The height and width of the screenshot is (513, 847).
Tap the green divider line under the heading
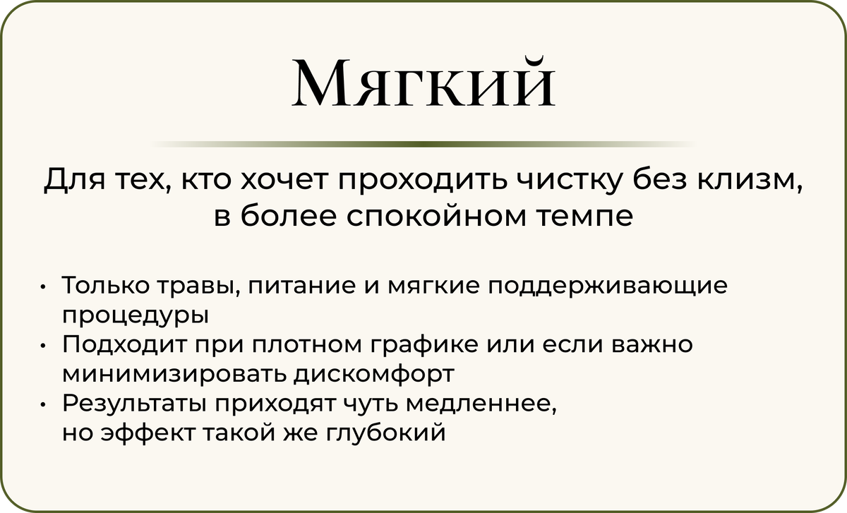[x=423, y=144]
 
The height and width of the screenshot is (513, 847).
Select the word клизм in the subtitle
[x=748, y=179]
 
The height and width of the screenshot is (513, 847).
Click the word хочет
[x=284, y=179]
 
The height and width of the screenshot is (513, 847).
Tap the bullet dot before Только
[x=43, y=286]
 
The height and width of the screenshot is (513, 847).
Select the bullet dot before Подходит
[x=43, y=345]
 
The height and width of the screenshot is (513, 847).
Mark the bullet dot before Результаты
[x=43, y=404]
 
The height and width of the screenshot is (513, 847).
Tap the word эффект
[x=148, y=433]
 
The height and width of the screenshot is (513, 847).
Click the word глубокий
[x=385, y=433]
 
